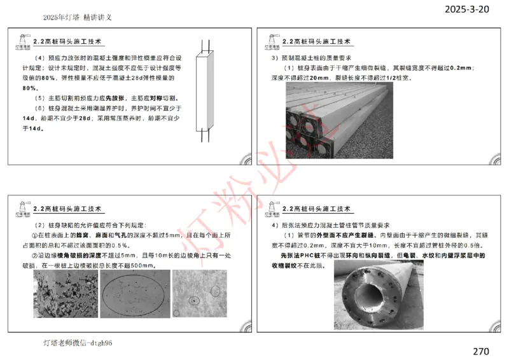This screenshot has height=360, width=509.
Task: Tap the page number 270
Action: pos(481,350)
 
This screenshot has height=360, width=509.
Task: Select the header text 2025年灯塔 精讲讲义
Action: pos(78,18)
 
